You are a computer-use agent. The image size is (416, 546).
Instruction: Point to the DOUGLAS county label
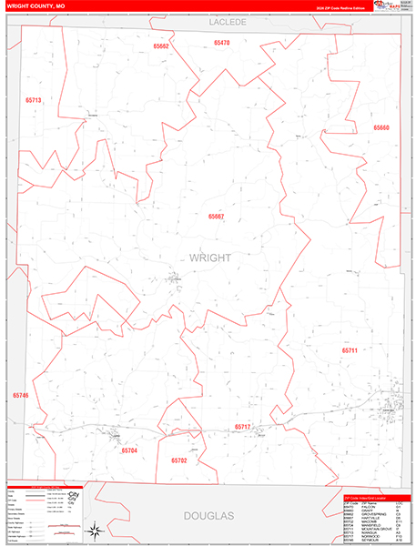[209, 516]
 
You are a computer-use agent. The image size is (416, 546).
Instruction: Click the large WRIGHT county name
[209, 258]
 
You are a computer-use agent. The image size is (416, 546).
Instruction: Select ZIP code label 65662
[161, 45]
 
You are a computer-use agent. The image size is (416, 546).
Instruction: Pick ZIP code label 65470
[222, 43]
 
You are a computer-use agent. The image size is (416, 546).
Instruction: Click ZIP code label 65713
[34, 100]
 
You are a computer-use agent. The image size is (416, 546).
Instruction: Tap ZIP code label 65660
[380, 127]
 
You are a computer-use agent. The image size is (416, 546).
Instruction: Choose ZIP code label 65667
[216, 217]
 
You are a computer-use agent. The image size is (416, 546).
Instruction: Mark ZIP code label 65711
[350, 350]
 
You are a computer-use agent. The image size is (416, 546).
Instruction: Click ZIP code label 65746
[21, 396]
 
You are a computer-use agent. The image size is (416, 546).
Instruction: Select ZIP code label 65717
[242, 426]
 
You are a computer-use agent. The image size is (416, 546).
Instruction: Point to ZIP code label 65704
[129, 450]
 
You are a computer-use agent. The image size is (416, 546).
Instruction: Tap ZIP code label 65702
[179, 460]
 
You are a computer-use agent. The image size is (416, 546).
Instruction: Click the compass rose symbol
[94, 530]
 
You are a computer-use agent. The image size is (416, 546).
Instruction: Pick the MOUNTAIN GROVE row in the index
[373, 528]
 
